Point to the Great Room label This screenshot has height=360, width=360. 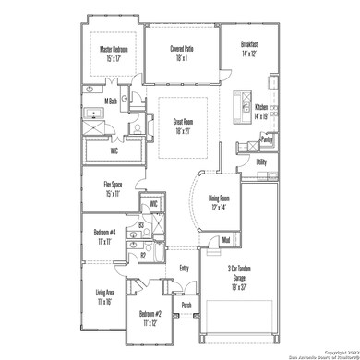[x=183, y=121]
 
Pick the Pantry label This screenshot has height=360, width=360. [x=267, y=139]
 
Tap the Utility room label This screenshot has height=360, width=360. [x=262, y=162]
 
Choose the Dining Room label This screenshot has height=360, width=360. [x=220, y=198]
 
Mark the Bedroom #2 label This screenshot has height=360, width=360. [x=143, y=315]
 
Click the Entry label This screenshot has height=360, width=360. [x=184, y=269]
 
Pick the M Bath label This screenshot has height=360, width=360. [x=111, y=101]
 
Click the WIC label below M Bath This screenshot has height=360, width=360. [x=114, y=150]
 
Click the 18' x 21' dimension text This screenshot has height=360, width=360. [x=183, y=130]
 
